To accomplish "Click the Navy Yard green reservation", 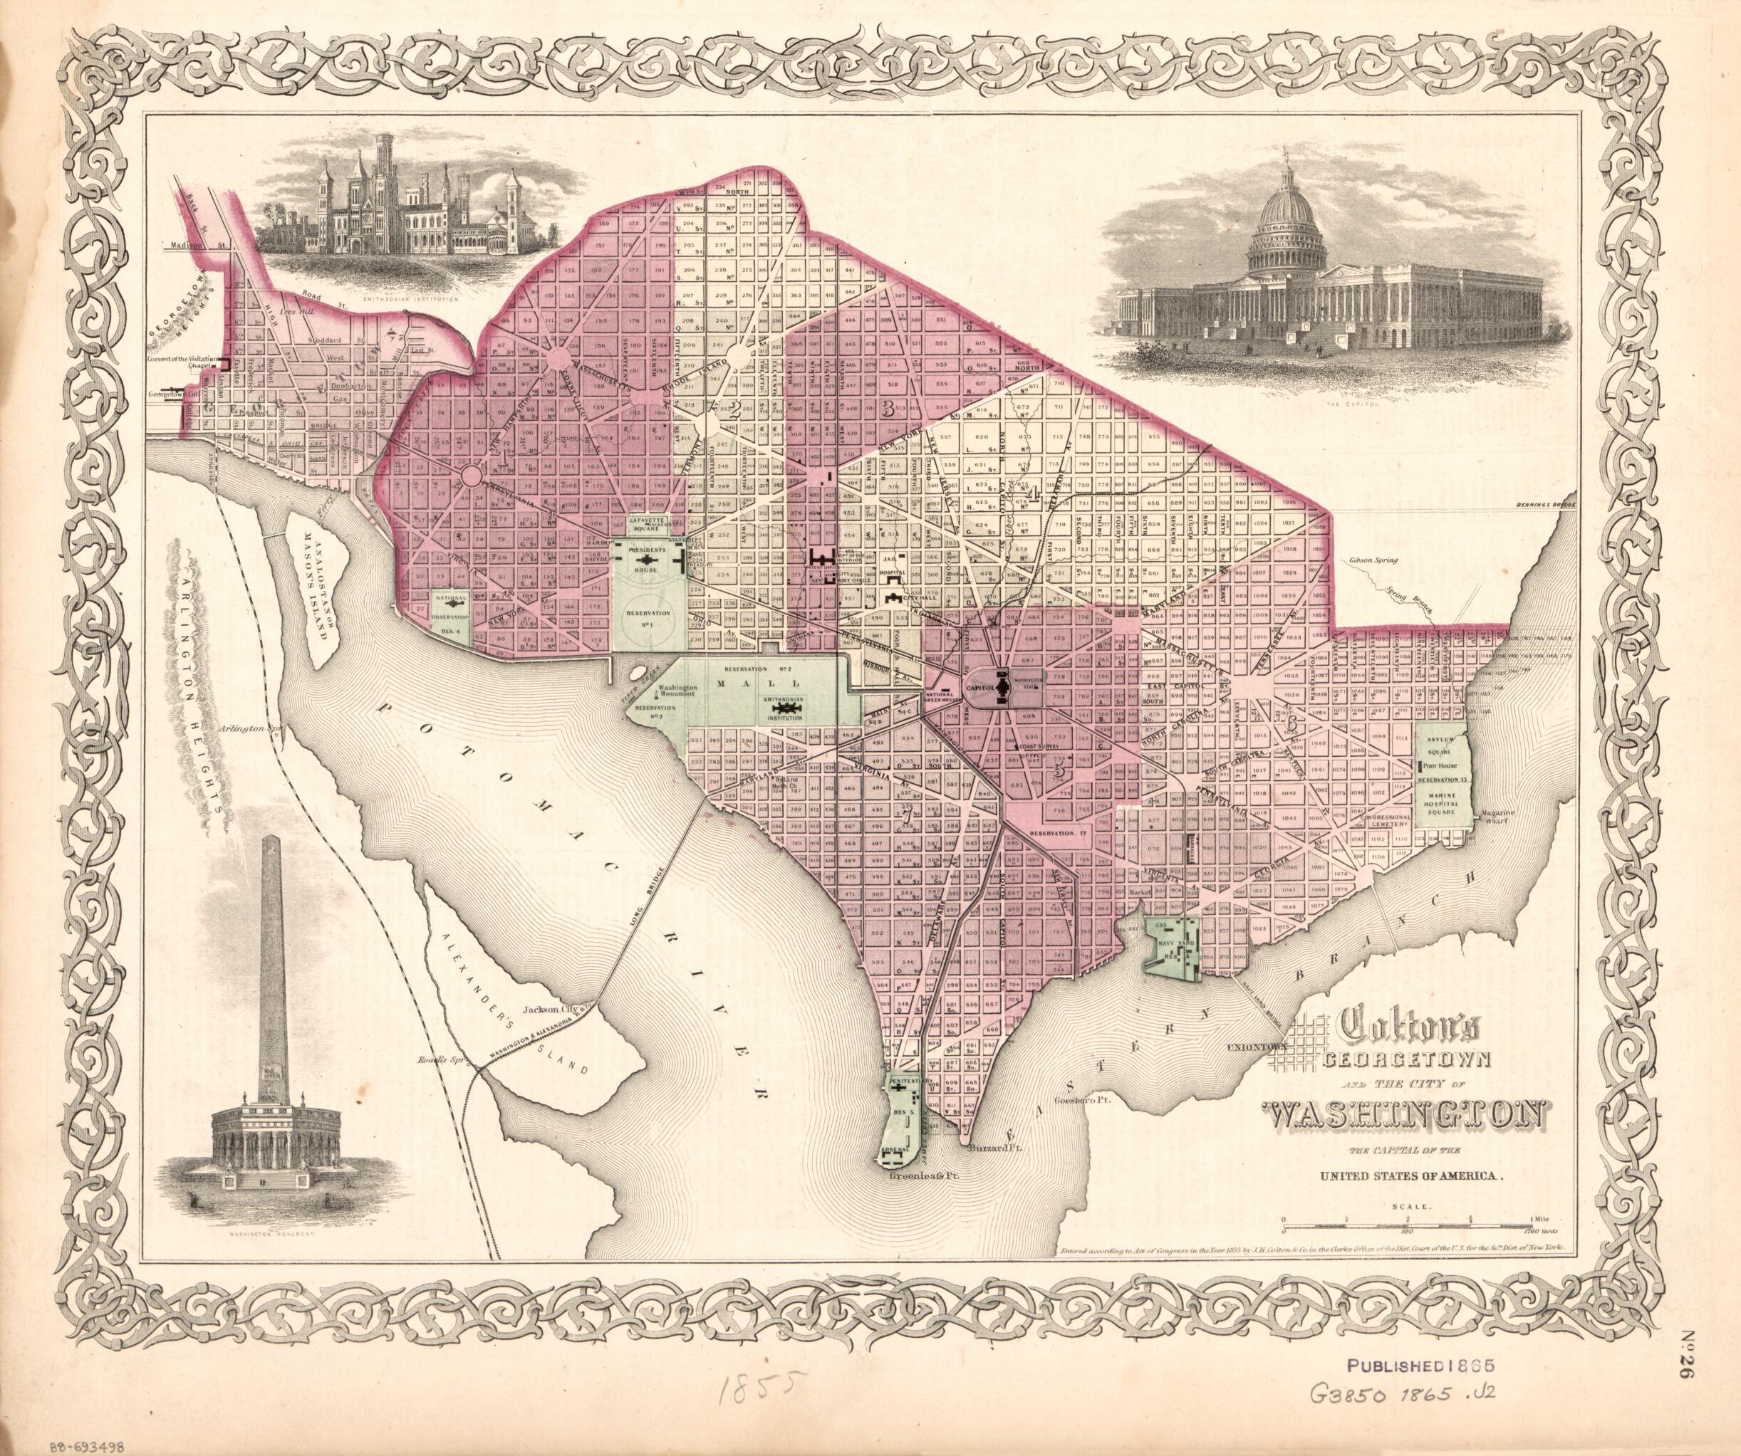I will click(1170, 950).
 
